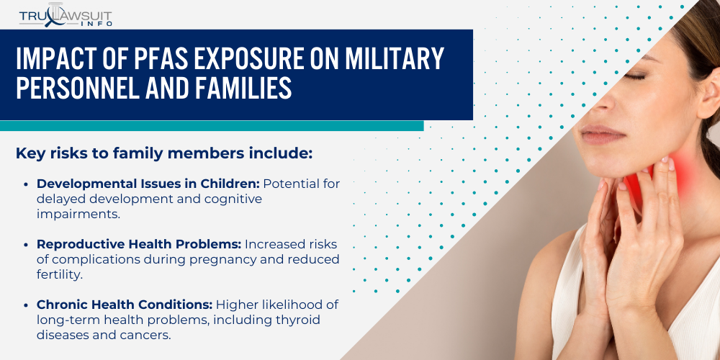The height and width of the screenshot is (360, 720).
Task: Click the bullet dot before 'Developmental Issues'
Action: [x=27, y=184]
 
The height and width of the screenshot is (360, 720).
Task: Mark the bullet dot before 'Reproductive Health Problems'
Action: [x=27, y=245]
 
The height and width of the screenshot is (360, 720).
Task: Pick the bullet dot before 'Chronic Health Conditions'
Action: [x=27, y=305]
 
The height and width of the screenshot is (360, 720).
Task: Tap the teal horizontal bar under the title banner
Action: [x=212, y=125]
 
